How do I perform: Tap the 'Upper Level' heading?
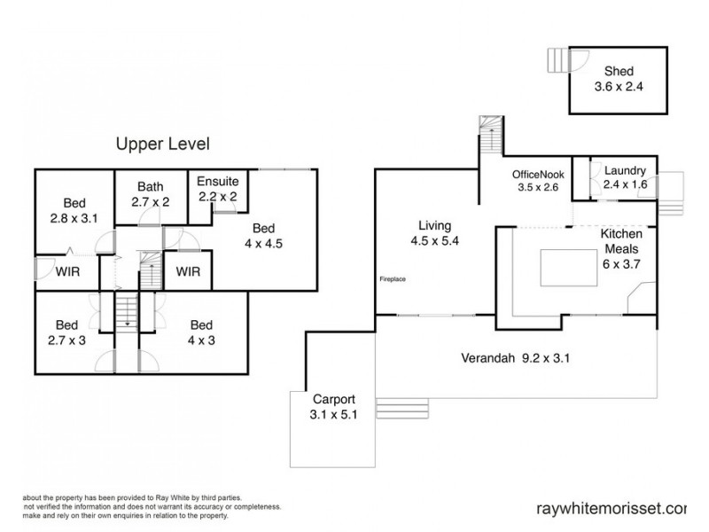coord(163,143)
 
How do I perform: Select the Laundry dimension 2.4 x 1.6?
coord(625,184)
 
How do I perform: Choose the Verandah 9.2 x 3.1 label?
coord(513,359)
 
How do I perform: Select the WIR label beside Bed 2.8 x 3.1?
coord(66,271)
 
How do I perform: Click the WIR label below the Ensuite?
coord(188,271)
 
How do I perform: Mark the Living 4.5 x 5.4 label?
coord(433,232)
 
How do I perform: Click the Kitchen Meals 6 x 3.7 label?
coord(620,247)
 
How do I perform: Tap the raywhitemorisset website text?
coord(612,509)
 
